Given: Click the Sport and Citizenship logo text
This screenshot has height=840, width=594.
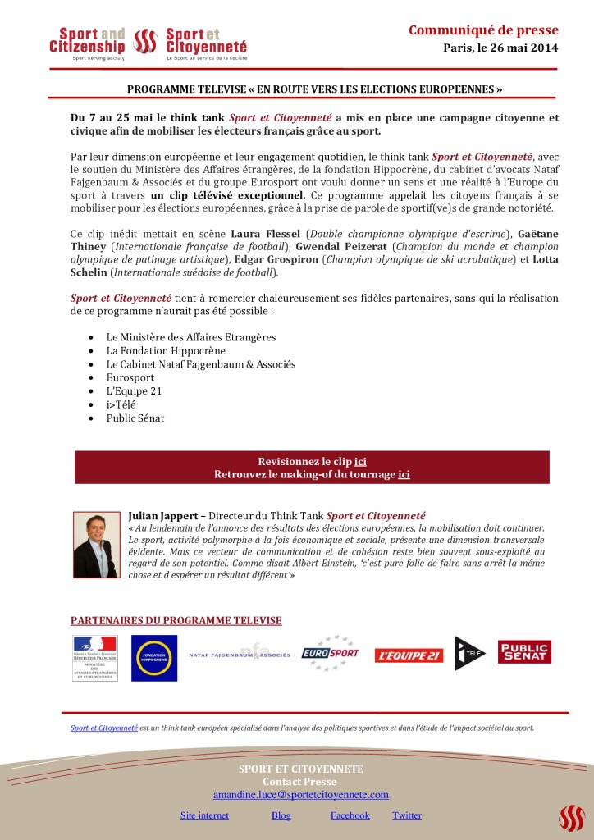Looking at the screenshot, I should tap(87, 41).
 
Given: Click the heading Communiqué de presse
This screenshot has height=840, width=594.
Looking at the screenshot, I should tap(483, 31).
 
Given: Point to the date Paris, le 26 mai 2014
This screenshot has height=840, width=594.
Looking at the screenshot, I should tap(500, 48).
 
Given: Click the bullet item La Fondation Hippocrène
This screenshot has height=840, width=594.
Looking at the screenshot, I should tap(166, 350).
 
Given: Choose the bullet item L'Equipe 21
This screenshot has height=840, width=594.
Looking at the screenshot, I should tap(134, 391).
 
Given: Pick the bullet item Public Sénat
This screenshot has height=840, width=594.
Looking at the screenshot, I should tap(135, 418).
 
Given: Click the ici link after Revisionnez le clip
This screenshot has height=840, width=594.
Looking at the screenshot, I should tap(360, 461).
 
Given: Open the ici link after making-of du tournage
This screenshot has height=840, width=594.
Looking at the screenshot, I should tap(404, 474).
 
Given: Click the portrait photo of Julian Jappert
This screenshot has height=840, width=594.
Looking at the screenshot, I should tap(96, 545).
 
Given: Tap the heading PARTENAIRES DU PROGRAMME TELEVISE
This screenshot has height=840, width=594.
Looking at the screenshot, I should tap(176, 621).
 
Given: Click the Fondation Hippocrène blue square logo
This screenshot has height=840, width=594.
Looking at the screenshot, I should tap(154, 657).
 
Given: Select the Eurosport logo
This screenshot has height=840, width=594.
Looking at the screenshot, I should tap(330, 654).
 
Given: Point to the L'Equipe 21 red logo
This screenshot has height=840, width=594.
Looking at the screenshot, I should tap(409, 655).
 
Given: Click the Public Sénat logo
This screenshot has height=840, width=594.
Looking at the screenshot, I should tap(524, 651).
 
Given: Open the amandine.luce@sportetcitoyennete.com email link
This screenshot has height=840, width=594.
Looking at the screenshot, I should tap(300, 795).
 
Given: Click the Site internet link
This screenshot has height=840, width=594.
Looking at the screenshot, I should tap(204, 815).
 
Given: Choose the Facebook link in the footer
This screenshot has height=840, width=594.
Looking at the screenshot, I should tap(350, 815).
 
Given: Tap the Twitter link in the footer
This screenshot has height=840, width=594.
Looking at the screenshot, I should tap(407, 815).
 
